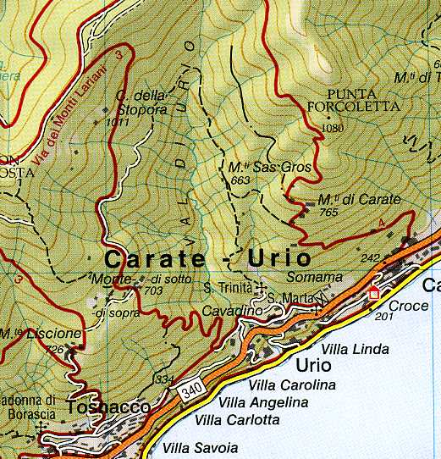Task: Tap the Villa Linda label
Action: tap(356, 349)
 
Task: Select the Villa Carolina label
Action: tap(292, 385)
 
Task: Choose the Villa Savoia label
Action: tap(201, 448)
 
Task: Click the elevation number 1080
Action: tap(334, 128)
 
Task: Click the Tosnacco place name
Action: tap(108, 407)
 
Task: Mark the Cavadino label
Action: tap(232, 312)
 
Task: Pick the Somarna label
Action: tap(314, 277)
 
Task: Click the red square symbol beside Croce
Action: tap(373, 294)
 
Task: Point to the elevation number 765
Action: tap(328, 213)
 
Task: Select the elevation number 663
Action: tap(240, 180)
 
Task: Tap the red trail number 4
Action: tap(381, 223)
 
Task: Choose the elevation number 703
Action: tap(153, 290)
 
